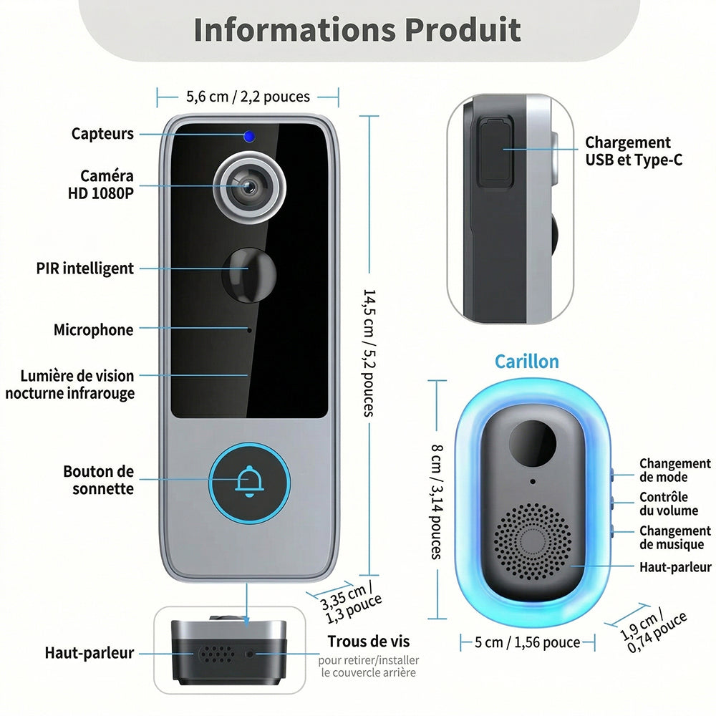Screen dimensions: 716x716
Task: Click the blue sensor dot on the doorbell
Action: tap(249, 136)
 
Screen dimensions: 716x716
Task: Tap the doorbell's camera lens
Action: tap(249, 187)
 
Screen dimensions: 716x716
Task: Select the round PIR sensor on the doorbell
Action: tap(249, 274)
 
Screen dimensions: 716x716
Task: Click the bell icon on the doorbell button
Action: tap(249, 481)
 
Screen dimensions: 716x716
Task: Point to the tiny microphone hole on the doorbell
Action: tap(249, 330)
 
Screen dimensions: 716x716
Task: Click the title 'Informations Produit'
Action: tap(357, 29)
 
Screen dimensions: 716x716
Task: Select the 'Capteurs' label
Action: tap(102, 134)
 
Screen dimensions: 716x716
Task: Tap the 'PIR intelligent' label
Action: tap(85, 268)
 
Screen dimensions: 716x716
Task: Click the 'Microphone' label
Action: tap(94, 329)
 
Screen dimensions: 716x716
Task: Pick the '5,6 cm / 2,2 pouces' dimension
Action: tap(248, 97)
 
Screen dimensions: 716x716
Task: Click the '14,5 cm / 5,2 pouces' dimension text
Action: tap(369, 352)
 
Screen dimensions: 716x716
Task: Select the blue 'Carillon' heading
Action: tap(527, 361)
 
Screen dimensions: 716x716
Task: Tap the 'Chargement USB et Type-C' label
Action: tap(634, 151)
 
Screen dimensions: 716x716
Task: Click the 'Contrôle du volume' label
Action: tap(669, 503)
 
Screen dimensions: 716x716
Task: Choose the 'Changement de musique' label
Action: tap(675, 538)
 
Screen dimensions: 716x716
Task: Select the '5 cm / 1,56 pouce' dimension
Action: tap(528, 642)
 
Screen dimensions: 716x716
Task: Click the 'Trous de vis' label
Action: tap(369, 641)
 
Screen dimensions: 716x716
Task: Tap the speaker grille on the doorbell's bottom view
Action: tap(217, 654)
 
